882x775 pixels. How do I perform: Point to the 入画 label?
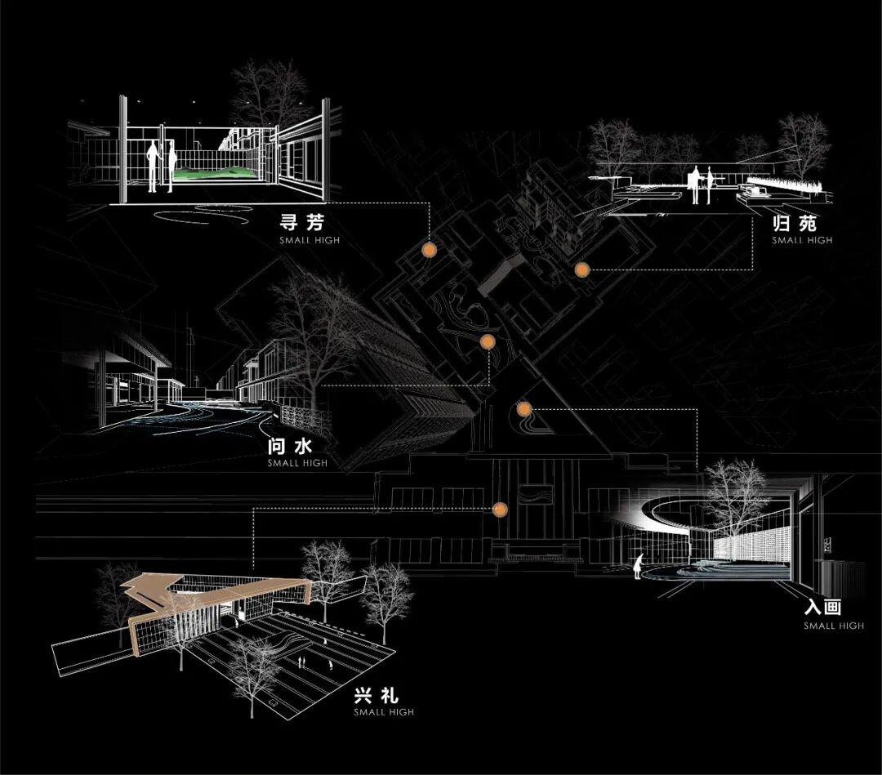coord(822,608)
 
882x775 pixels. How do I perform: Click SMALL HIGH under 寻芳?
coord(309,241)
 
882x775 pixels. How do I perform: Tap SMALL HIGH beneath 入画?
coord(833,626)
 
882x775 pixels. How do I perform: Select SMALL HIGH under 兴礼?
coord(384,712)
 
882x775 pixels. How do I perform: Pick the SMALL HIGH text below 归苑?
coord(802,240)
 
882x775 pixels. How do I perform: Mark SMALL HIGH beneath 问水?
coord(297,463)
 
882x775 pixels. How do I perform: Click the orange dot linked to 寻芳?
coord(427,250)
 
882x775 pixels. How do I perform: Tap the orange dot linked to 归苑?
coord(581,269)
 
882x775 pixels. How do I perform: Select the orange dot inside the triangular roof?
coord(524,409)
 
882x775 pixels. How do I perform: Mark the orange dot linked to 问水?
coord(488,341)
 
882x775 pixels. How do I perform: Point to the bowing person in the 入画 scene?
coord(640,564)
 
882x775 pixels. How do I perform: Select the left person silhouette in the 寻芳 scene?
coord(153,167)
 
